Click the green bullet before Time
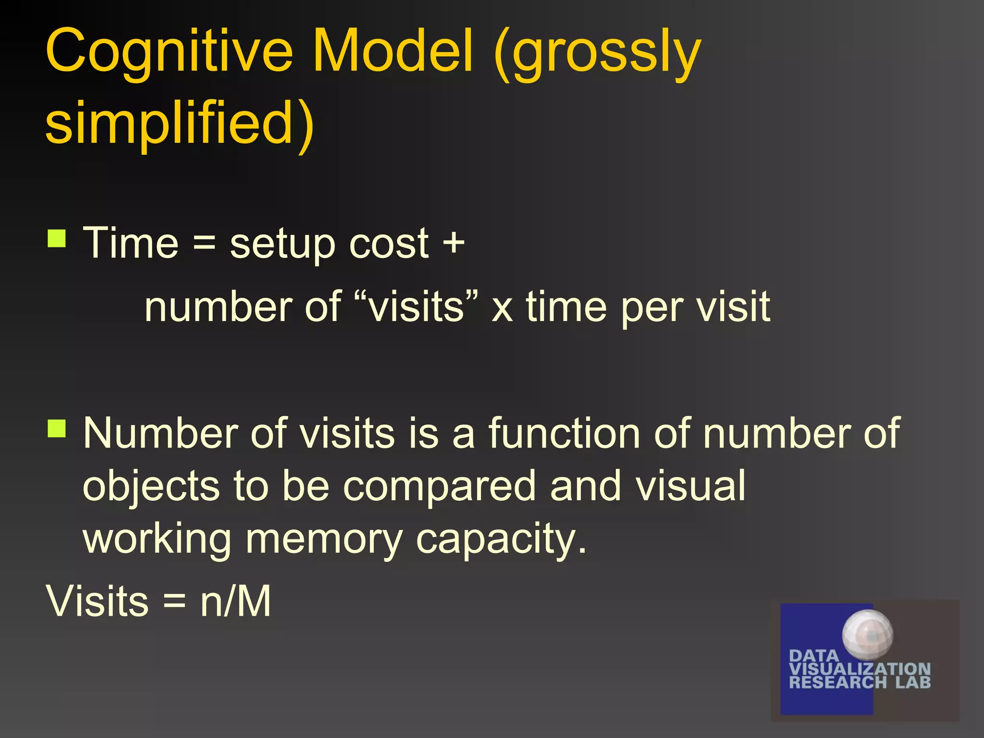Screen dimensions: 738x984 tap(57, 238)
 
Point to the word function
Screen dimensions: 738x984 tap(565, 433)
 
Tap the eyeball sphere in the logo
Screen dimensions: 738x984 tap(868, 634)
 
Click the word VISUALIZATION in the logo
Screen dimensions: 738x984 tap(860, 669)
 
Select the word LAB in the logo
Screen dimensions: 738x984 tap(913, 682)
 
